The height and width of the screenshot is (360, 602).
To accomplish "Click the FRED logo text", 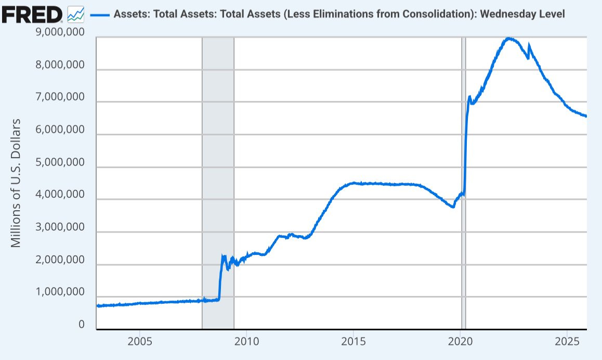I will [32, 15].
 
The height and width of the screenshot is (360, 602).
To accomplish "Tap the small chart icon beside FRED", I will [76, 14].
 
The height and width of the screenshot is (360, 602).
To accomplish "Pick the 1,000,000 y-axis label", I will [61, 292].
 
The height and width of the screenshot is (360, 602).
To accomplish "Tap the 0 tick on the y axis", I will [81, 324].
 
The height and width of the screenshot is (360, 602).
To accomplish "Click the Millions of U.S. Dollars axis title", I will [16, 183].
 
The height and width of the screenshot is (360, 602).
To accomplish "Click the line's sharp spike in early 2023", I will [529, 46].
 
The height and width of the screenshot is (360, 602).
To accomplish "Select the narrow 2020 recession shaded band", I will [463, 182].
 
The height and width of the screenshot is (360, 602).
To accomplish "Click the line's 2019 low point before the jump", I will [453, 207].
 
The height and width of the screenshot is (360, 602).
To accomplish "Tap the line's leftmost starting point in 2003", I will [98, 306].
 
